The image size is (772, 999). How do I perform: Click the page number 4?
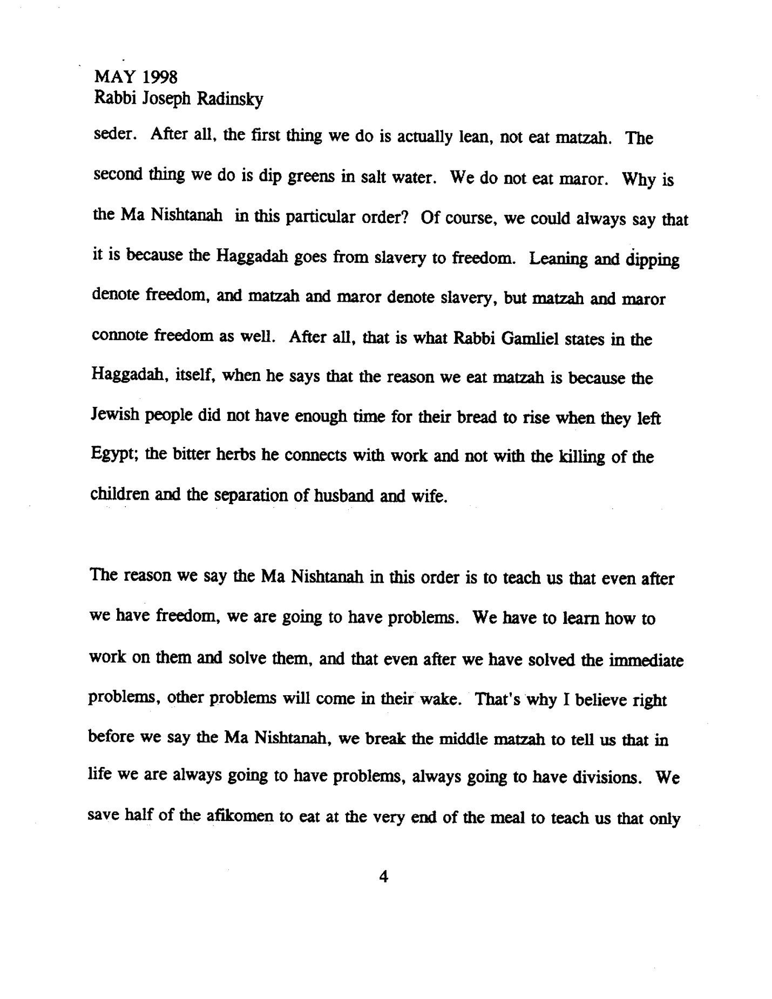click(x=384, y=876)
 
